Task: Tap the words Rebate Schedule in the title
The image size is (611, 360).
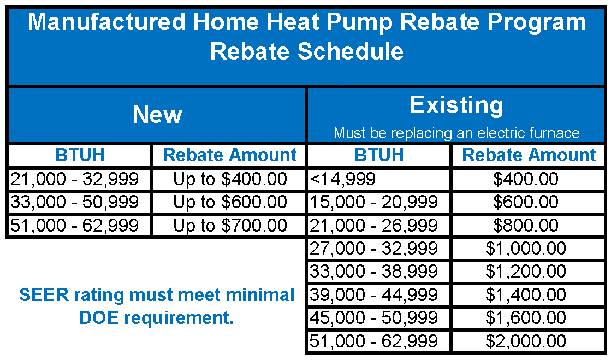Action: tap(306, 51)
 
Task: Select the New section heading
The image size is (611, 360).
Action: tap(157, 115)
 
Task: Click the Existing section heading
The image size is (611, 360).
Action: tap(456, 105)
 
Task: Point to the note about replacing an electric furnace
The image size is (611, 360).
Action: tap(456, 133)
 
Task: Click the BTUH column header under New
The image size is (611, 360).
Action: tap(80, 155)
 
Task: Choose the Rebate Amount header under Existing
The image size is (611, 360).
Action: tap(529, 155)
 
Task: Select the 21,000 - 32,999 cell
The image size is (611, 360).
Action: tap(74, 179)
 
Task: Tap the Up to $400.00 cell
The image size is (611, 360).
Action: tap(230, 179)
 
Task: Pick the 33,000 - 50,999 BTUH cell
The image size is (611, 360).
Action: tap(74, 202)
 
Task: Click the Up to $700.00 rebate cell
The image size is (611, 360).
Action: tap(230, 225)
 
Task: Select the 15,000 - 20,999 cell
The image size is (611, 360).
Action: tap(374, 202)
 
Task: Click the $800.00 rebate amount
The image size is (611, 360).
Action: tap(525, 225)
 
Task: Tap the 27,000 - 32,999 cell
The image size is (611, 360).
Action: tap(374, 249)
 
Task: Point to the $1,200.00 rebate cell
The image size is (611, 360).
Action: tap(525, 272)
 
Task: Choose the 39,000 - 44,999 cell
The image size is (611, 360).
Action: tap(374, 295)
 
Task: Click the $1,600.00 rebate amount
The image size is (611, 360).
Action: tap(525, 318)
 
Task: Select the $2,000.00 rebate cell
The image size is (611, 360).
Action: tap(525, 341)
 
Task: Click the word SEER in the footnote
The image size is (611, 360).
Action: tap(42, 296)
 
